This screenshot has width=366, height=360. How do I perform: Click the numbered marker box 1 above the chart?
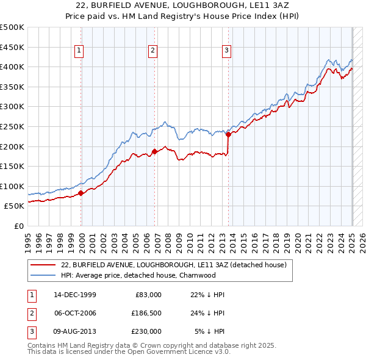pos(80,51)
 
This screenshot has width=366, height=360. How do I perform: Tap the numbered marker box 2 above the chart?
pos(152,51)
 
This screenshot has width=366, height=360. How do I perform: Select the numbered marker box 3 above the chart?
pos(226,51)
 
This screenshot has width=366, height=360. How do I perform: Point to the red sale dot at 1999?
pos(81,193)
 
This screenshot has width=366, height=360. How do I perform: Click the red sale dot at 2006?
pos(154,151)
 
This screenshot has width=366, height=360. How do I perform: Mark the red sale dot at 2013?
pos(228,135)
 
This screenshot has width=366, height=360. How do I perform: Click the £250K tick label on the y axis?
pos(12,126)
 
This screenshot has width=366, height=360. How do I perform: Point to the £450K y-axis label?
pos(12,47)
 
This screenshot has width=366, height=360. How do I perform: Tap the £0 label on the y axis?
pos(18,226)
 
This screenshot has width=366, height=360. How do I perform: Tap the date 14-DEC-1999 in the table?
pos(75,295)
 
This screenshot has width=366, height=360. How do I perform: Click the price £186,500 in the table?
pos(146,313)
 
